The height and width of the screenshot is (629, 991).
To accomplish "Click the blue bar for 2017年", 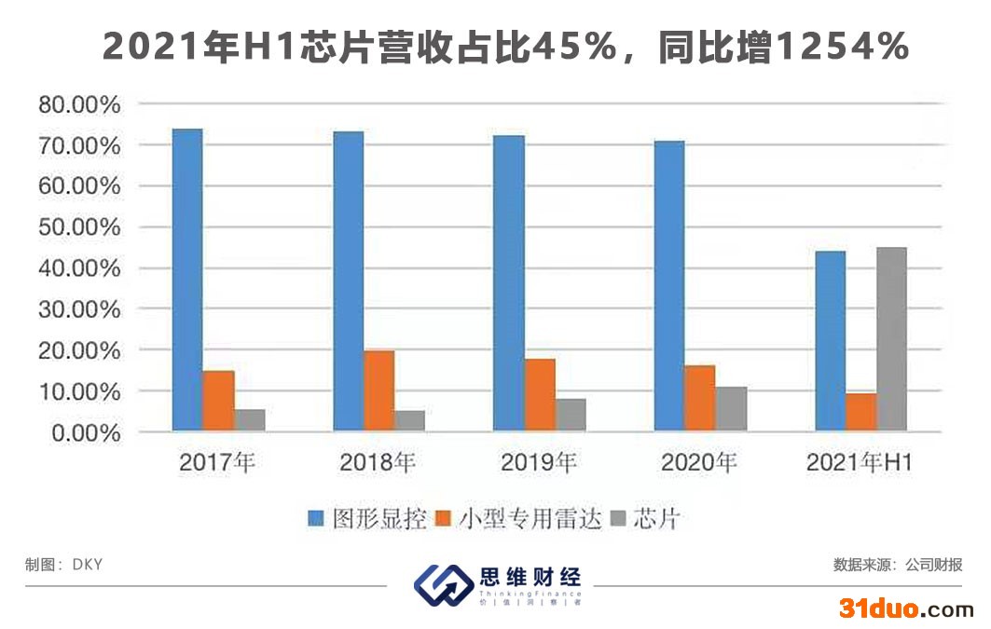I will click(x=187, y=280).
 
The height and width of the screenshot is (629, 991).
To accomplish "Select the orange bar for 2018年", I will click(x=379, y=390).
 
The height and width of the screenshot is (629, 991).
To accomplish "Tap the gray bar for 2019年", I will click(x=571, y=415).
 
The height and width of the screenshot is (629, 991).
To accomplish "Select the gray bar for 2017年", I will click(x=249, y=420).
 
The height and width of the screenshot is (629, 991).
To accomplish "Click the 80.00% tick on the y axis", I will click(x=79, y=104).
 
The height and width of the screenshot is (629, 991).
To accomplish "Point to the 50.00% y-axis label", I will click(x=79, y=227).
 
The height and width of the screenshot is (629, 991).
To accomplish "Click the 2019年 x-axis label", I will click(x=539, y=461).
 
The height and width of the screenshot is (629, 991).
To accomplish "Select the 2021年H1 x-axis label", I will click(x=859, y=461).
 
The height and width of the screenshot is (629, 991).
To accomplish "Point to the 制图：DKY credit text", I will click(x=63, y=565).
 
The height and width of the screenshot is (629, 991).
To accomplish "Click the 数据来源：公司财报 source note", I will click(x=898, y=565).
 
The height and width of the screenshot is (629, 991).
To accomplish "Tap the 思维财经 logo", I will click(x=498, y=584).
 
